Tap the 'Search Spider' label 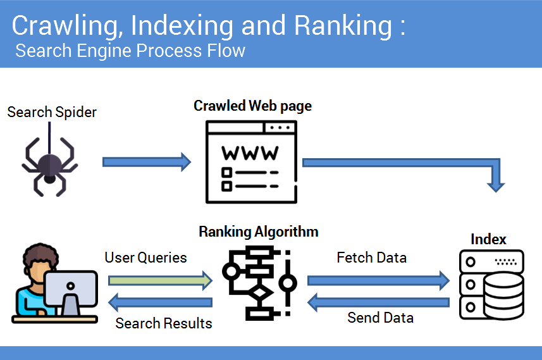pos(52,113)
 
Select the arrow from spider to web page pos(147,162)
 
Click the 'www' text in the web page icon pos(250,153)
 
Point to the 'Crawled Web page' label pos(253,106)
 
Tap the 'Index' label pos(488,239)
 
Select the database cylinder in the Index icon pos(503,296)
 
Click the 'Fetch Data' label pos(372,258)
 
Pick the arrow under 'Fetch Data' pos(378,280)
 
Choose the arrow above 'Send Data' pos(378,302)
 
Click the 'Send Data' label pos(381,318)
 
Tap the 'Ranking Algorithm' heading pos(259,232)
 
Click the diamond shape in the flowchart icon pos(260,294)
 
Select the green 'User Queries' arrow pos(161,280)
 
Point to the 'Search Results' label pos(164,323)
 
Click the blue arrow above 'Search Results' pos(161,302)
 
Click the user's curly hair pos(40,255)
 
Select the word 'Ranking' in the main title pos(343,26)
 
